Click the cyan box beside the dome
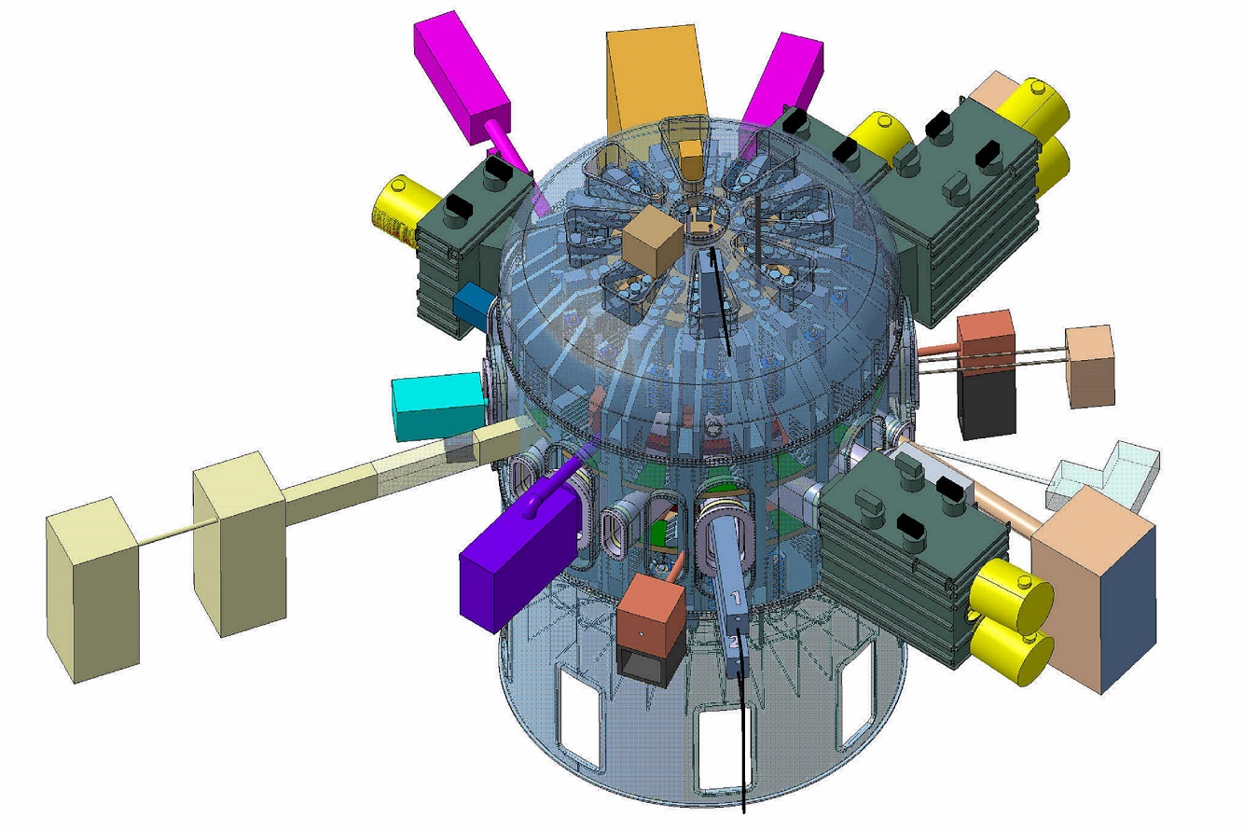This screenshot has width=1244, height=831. tap(438, 405)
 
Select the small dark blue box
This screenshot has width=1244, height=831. tap(474, 304)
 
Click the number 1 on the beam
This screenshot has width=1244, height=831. tap(736, 598)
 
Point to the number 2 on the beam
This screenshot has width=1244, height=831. tap(733, 643)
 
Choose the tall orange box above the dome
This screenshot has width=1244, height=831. tap(656, 79)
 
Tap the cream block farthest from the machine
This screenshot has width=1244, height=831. tap(92, 589)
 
